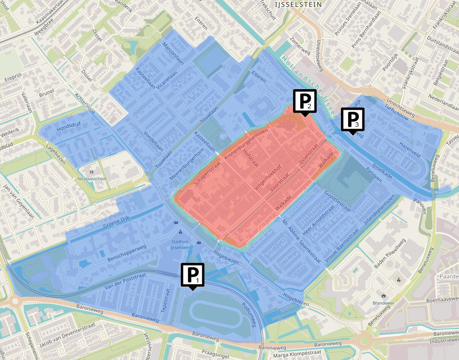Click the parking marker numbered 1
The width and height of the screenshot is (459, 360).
pos(192,274)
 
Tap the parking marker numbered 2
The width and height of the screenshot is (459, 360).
pos(305,101)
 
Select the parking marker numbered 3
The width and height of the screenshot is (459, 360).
pos(353,120)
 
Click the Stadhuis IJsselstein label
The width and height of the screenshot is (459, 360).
pos(179,244)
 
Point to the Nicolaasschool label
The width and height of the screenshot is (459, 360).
pos(92,179)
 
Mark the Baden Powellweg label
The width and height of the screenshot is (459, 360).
pos(389,253)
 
